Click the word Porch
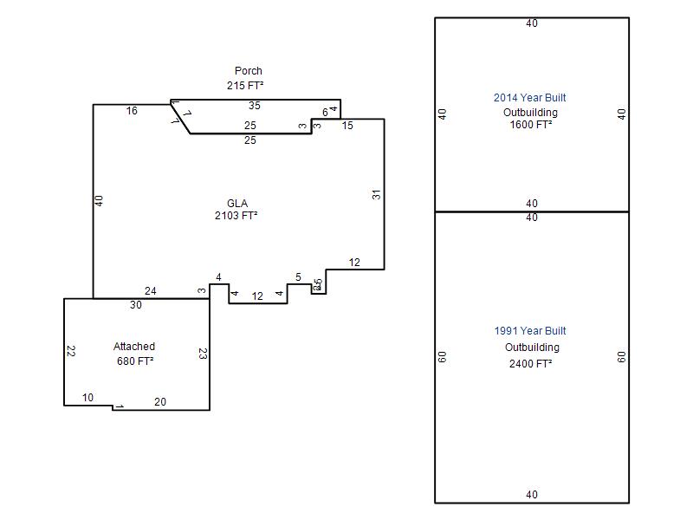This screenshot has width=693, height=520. click(248, 71)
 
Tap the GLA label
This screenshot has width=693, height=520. click(237, 203)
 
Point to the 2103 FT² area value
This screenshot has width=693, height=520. click(236, 216)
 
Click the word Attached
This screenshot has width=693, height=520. click(134, 347)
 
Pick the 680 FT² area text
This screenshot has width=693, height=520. click(135, 361)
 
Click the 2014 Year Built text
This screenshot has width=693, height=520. click(530, 98)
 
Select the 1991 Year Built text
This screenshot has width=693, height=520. click(530, 331)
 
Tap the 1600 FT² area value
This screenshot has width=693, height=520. click(531, 124)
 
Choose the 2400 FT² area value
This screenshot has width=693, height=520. click(531, 364)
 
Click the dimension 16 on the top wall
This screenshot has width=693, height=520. click(132, 111)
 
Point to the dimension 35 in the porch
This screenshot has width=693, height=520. click(254, 106)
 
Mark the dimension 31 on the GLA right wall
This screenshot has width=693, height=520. click(377, 194)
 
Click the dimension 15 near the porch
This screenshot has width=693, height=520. click(347, 126)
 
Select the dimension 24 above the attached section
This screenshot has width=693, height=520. click(150, 291)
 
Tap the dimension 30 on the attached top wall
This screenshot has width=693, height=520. click(135, 305)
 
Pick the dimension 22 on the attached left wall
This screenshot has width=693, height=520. click(71, 352)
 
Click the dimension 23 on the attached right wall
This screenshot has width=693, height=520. click(202, 354)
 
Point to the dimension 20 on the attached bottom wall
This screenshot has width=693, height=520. click(160, 402)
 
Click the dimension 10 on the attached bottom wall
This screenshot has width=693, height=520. click(87, 398)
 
